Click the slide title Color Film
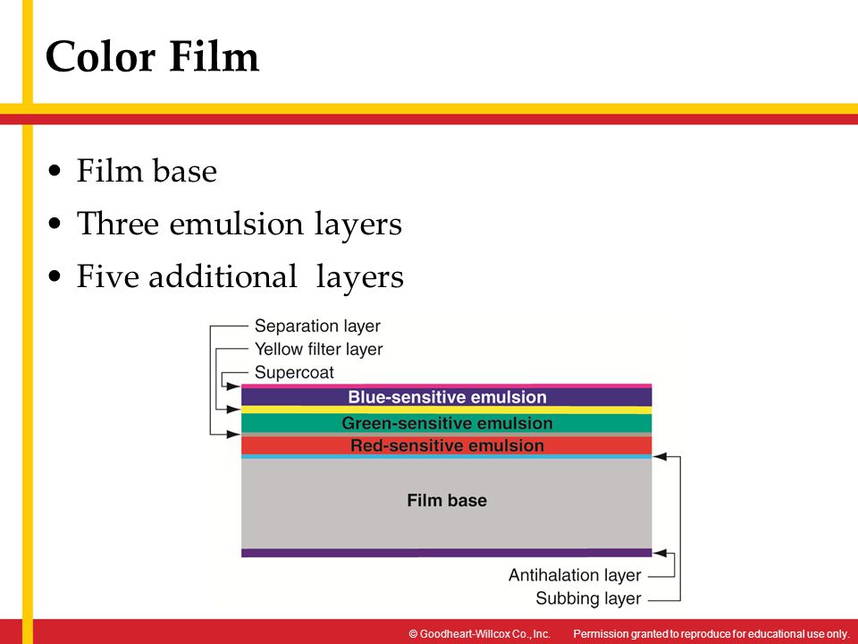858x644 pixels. pyautogui.click(x=152, y=57)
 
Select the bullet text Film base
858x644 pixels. pyautogui.click(x=147, y=171)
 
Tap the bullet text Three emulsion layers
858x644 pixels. pyautogui.click(x=239, y=224)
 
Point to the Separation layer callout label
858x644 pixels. pyautogui.click(x=317, y=326)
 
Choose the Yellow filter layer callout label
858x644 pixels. pyautogui.click(x=318, y=349)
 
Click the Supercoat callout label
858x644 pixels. pyautogui.click(x=294, y=371)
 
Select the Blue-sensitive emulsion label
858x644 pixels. pyautogui.click(x=447, y=396)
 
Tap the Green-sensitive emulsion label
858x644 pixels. pyautogui.click(x=447, y=423)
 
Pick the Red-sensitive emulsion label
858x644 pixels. pyautogui.click(x=447, y=445)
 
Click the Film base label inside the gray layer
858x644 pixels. pyautogui.click(x=447, y=500)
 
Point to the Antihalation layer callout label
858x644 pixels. pyautogui.click(x=575, y=575)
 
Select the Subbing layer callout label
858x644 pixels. pyautogui.click(x=588, y=598)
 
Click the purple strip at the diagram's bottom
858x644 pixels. pyautogui.click(x=447, y=553)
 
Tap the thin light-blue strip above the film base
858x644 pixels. pyautogui.click(x=447, y=457)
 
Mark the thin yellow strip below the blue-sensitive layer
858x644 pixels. pyautogui.click(x=447, y=410)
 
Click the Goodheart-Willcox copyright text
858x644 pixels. pyautogui.click(x=478, y=633)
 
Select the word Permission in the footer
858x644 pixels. pyautogui.click(x=603, y=633)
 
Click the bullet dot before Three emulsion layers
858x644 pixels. pyautogui.click(x=57, y=224)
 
